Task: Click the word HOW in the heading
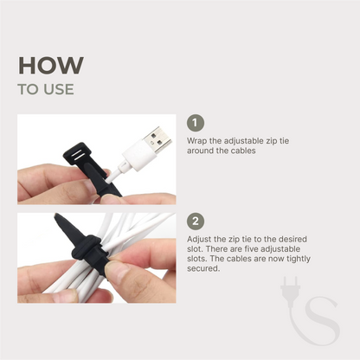(51, 66)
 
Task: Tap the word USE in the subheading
(58, 89)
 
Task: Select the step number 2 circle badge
(196, 221)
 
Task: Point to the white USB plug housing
(132, 157)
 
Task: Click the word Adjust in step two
(199, 238)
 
